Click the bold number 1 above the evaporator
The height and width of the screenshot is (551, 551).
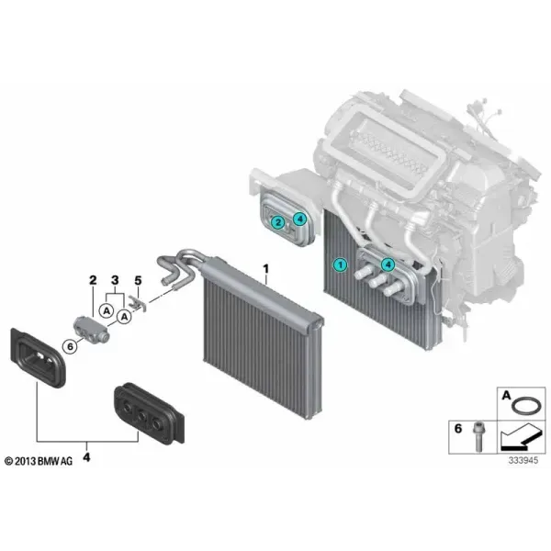coord(265,269)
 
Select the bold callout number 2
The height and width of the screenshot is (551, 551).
coord(93,280)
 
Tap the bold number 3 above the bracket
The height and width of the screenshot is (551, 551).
coord(115,280)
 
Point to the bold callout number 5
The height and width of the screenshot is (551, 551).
coord(138,280)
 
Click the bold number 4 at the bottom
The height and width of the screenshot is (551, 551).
coord(86,457)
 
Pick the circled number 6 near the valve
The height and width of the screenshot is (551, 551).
coord(71,346)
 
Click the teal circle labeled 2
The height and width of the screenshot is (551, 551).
coord(278,222)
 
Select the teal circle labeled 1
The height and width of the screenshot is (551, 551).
coord(340,264)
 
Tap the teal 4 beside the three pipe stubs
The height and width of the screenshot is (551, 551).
coord(388,264)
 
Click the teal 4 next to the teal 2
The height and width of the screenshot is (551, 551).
coord(299,219)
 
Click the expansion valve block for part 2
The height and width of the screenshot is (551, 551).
coord(92,329)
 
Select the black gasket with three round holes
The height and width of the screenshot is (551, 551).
coord(150,413)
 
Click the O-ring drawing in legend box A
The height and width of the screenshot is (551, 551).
coord(525,406)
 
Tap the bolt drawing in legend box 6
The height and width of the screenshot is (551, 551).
coord(478,437)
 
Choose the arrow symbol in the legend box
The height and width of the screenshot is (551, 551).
coord(520,437)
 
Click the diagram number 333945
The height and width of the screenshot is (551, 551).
coord(523,460)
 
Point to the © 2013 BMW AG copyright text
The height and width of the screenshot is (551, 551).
coord(39,461)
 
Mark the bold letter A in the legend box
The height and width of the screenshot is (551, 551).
coord(506,396)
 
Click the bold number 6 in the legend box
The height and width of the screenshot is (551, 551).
coord(458,429)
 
